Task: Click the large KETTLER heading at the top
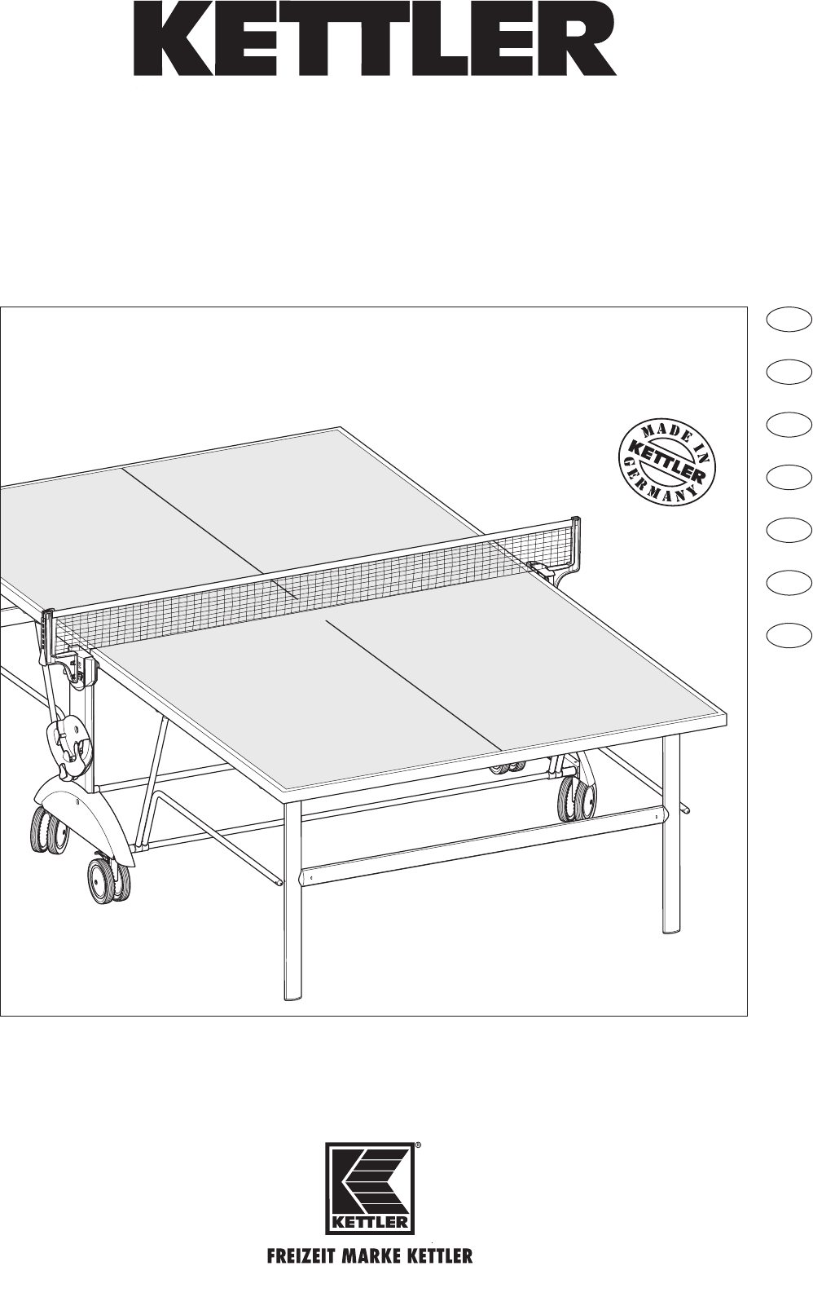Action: pyautogui.click(x=375, y=45)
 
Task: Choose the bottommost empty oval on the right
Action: pyautogui.click(x=789, y=634)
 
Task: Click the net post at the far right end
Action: pyautogui.click(x=575, y=543)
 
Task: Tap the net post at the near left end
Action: pyautogui.click(x=49, y=637)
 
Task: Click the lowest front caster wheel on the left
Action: pyautogui.click(x=109, y=882)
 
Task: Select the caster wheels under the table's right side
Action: pyautogui.click(x=577, y=799)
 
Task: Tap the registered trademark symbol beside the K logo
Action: pyautogui.click(x=418, y=1145)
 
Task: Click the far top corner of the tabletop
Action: pyautogui.click(x=341, y=428)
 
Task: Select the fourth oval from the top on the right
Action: pyautogui.click(x=789, y=478)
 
